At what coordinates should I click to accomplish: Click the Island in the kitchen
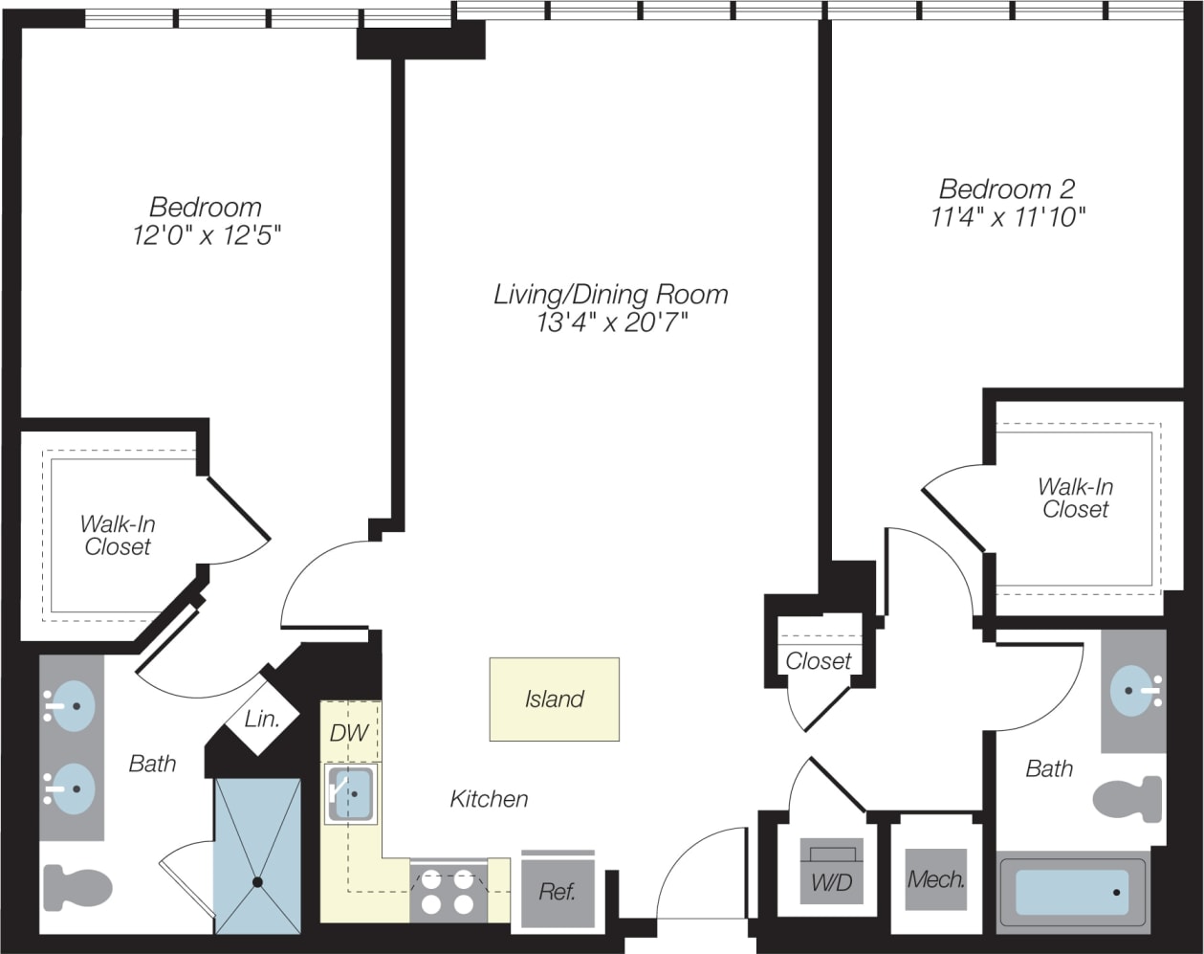(554, 699)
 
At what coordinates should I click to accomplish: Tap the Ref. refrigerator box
(558, 892)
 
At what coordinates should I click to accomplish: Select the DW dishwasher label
(349, 733)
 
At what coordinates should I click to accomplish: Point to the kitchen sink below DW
(351, 793)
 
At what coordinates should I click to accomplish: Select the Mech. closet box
(935, 879)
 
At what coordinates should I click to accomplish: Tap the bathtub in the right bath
(1071, 892)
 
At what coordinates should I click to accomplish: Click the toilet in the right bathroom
(1127, 799)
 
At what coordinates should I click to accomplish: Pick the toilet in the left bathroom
(78, 887)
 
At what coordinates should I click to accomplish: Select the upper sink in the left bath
(69, 706)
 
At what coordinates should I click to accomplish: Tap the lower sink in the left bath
(69, 789)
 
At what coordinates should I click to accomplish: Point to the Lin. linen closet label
(262, 720)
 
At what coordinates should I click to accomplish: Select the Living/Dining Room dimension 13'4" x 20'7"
(611, 323)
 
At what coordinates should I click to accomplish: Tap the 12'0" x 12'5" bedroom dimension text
(207, 234)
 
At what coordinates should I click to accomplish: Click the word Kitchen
(489, 798)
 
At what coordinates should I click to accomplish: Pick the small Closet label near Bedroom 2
(818, 661)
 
